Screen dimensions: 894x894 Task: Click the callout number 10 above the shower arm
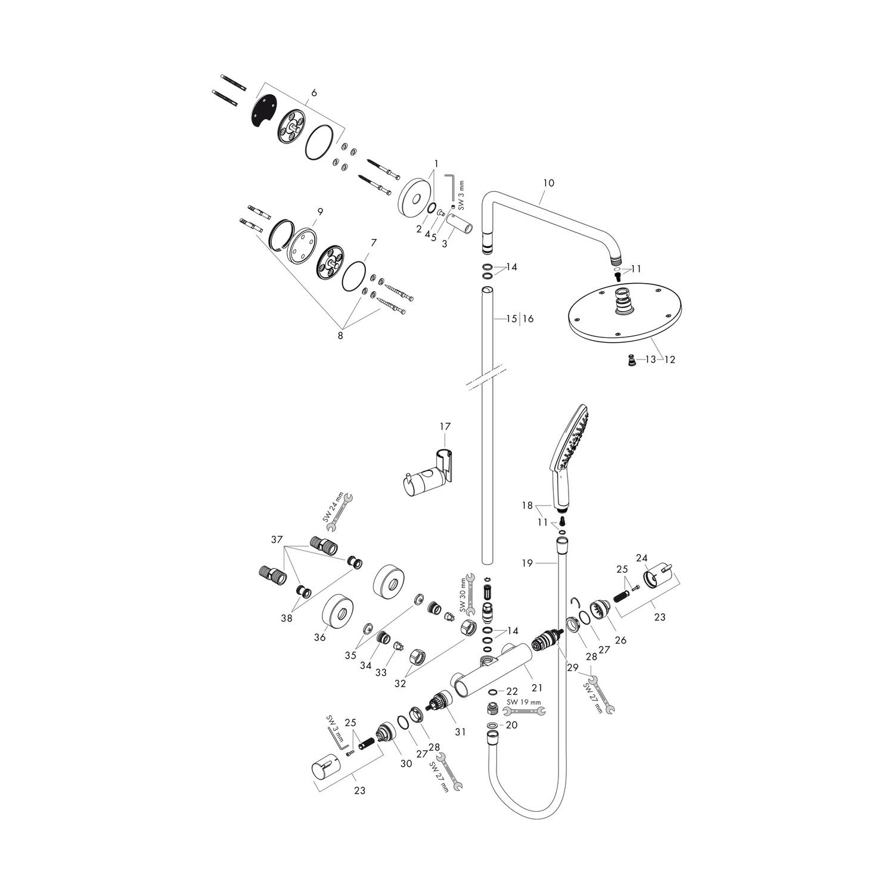[548, 183]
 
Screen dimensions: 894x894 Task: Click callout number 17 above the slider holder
[445, 426]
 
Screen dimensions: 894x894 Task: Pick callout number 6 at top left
[314, 92]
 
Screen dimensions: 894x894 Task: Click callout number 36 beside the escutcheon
[319, 638]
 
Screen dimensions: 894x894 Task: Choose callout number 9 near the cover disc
[320, 211]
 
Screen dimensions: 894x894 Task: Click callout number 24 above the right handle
[641, 558]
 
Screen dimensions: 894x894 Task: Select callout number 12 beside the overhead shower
[670, 359]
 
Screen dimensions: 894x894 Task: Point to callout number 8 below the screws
[340, 335]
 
